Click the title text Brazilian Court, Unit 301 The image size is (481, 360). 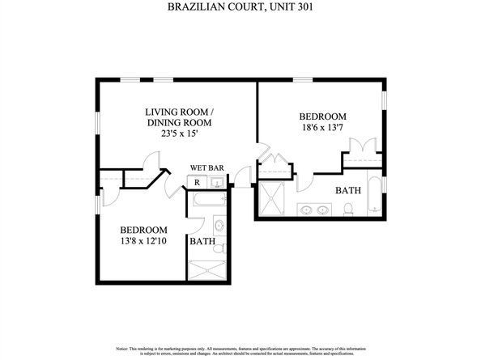pos(240,7)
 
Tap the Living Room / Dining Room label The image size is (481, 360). pos(179,117)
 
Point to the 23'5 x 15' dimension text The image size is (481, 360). pos(179,135)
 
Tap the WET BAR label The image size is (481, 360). pos(206,168)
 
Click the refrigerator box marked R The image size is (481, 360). pos(197,183)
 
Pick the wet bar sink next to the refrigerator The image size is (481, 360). pos(216,184)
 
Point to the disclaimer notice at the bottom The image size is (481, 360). pos(240,350)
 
